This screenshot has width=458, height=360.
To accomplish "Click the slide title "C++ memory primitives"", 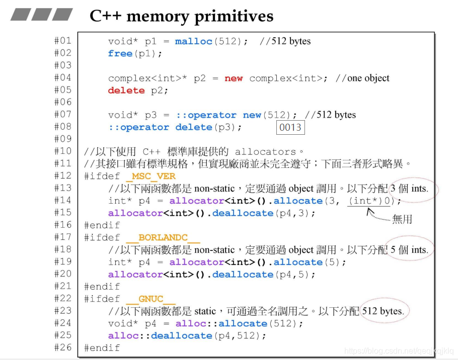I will (181, 16).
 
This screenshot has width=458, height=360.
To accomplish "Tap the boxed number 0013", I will (290, 128).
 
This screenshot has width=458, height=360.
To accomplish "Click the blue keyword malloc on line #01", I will (194, 41).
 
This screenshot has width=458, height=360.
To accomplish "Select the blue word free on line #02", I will (120, 53).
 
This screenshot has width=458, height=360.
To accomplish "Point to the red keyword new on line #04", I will (234, 78).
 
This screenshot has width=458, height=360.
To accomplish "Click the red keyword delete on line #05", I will (126, 91).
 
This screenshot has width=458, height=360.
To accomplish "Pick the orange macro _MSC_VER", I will (150, 176).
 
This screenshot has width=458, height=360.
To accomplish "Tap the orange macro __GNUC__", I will (150, 299).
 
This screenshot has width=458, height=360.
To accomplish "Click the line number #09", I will (63, 139).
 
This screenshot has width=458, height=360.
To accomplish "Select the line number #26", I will (63, 347).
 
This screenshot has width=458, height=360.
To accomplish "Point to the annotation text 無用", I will (402, 219).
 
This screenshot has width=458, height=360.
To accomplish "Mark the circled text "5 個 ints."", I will (409, 250).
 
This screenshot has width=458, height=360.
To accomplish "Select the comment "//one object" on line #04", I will (362, 78).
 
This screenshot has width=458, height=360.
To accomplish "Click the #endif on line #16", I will (102, 225).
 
